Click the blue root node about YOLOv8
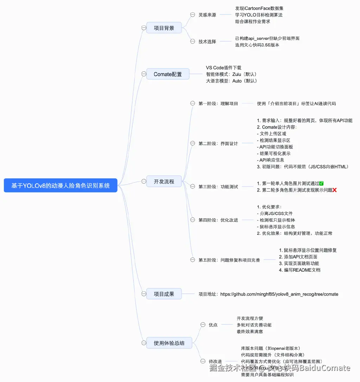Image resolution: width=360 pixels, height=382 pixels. [x=60, y=186]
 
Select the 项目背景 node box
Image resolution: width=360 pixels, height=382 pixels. [x=164, y=28]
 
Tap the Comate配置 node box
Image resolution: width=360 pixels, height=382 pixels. [x=168, y=74]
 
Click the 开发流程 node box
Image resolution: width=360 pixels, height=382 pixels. [x=164, y=181]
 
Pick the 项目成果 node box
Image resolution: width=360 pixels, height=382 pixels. [x=164, y=294]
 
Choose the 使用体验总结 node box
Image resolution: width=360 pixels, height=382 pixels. [x=169, y=343]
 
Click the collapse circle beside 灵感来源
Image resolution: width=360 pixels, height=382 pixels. [x=192, y=15]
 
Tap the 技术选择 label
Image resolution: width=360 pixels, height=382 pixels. [x=207, y=41]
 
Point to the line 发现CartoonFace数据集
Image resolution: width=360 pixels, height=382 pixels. [x=259, y=8]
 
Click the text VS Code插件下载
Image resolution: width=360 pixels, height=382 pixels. [x=224, y=68]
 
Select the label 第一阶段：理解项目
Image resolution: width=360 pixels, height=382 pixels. [x=218, y=104]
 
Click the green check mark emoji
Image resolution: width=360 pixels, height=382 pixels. [x=321, y=183]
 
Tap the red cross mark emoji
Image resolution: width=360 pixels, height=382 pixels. [x=335, y=190]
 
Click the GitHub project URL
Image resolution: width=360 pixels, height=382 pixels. [x=279, y=294]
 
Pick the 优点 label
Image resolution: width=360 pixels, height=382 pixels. [x=213, y=325]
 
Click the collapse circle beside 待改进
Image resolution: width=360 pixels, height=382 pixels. [x=202, y=361]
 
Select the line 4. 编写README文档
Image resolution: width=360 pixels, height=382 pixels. [x=300, y=270]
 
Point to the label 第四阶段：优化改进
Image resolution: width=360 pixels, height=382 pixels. [x=218, y=220]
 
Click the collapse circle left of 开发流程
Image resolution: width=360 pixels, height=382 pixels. [x=143, y=181]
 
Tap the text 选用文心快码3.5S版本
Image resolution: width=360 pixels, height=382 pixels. [x=257, y=45]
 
